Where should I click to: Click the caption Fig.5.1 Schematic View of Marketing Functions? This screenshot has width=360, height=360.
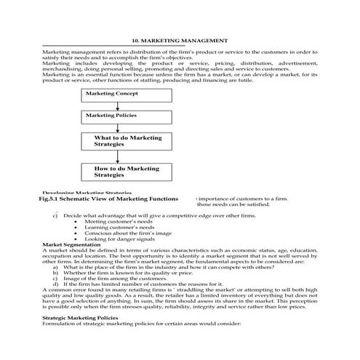pyautogui.click(x=109, y=198)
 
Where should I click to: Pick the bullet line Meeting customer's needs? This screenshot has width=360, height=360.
pyautogui.click(x=120, y=221)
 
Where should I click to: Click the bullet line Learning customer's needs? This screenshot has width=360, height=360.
pyautogui.click(x=120, y=227)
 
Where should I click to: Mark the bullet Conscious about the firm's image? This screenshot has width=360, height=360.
pyautogui.click(x=127, y=233)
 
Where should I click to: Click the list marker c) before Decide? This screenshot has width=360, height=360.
pyautogui.click(x=55, y=215)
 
